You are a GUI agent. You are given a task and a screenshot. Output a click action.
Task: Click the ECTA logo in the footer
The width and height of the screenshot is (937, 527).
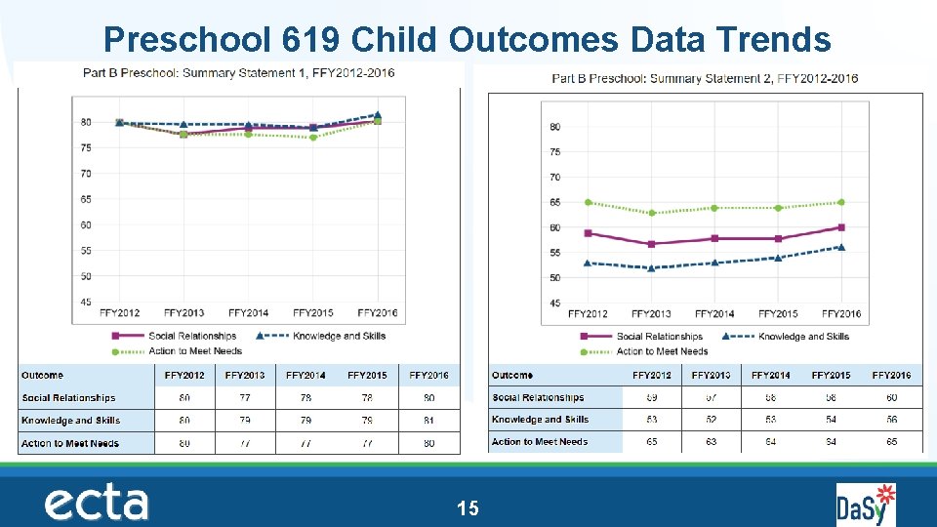97,504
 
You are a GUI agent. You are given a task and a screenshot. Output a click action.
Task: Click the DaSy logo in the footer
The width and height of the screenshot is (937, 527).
865,505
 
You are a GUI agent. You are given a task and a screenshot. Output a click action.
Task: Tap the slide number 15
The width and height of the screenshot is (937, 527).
468,507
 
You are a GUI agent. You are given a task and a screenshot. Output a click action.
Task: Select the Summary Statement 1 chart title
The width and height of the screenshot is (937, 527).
239,73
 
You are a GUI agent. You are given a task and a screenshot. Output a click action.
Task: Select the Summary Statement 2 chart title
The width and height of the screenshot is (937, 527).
705,78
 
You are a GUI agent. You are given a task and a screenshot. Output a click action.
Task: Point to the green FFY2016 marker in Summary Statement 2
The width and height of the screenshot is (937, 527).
840,202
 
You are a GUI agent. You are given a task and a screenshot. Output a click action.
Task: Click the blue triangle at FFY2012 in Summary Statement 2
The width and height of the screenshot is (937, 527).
588,263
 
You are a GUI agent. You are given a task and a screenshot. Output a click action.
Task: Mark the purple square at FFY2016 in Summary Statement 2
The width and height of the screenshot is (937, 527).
840,227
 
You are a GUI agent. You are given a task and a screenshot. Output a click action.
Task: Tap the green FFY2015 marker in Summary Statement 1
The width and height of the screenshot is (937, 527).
313,138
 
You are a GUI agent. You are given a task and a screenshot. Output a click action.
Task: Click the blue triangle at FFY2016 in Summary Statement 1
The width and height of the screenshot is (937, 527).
378,115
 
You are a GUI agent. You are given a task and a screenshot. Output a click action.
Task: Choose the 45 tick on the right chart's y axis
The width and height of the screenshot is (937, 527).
554,304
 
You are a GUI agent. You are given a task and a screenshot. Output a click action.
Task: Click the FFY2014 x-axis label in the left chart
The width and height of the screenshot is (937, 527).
249,313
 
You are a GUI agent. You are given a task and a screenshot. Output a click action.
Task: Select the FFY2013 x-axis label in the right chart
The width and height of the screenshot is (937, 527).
651,314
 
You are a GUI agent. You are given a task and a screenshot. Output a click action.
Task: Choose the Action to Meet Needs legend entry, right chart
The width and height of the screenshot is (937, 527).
662,351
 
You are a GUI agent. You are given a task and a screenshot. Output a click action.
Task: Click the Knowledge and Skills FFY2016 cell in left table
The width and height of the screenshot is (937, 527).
429,421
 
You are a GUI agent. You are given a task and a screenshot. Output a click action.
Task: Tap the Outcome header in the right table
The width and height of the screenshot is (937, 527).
512,375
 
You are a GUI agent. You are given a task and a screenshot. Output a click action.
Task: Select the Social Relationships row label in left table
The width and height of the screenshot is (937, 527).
68,398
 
